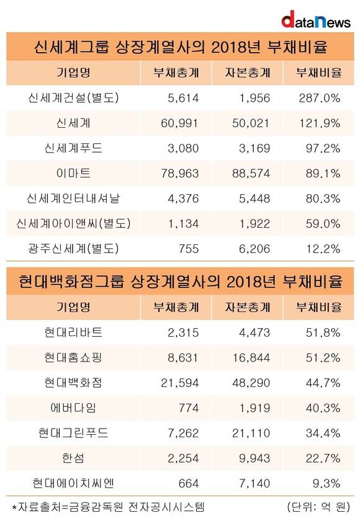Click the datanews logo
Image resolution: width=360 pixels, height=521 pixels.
pos(316,20)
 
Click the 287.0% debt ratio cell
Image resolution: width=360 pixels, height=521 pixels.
pos(320,98)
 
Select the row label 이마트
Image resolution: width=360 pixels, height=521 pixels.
pos(73,173)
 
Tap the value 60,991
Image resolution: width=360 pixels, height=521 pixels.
pos(179,123)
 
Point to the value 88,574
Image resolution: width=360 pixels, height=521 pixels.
pos(251,174)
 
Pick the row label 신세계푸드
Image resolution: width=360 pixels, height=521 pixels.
pos(73,148)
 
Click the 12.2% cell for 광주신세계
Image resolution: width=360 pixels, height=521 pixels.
pos(323,249)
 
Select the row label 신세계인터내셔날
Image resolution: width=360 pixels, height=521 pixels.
pos(73,198)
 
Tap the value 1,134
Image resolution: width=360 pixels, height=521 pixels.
pos(183,224)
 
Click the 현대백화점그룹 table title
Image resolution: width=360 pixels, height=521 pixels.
pos(180,282)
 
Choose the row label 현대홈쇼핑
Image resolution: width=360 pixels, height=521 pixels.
pos(73,357)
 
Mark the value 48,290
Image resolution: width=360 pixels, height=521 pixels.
pos(251,383)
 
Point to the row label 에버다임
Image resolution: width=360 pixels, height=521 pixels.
pos(73,407)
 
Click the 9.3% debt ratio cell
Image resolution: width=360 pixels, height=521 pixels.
pos(326,483)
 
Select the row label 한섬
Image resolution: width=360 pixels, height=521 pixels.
pos(73,458)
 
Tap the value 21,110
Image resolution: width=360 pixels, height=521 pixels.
pos(251,433)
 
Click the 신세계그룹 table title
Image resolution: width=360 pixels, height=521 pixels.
pos(180,47)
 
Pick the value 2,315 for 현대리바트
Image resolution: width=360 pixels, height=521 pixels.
pos(183,332)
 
